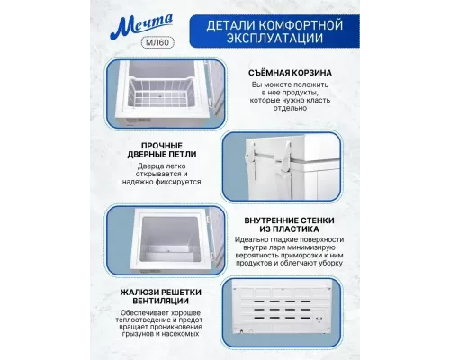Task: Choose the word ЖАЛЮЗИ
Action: click(x=138, y=292)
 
